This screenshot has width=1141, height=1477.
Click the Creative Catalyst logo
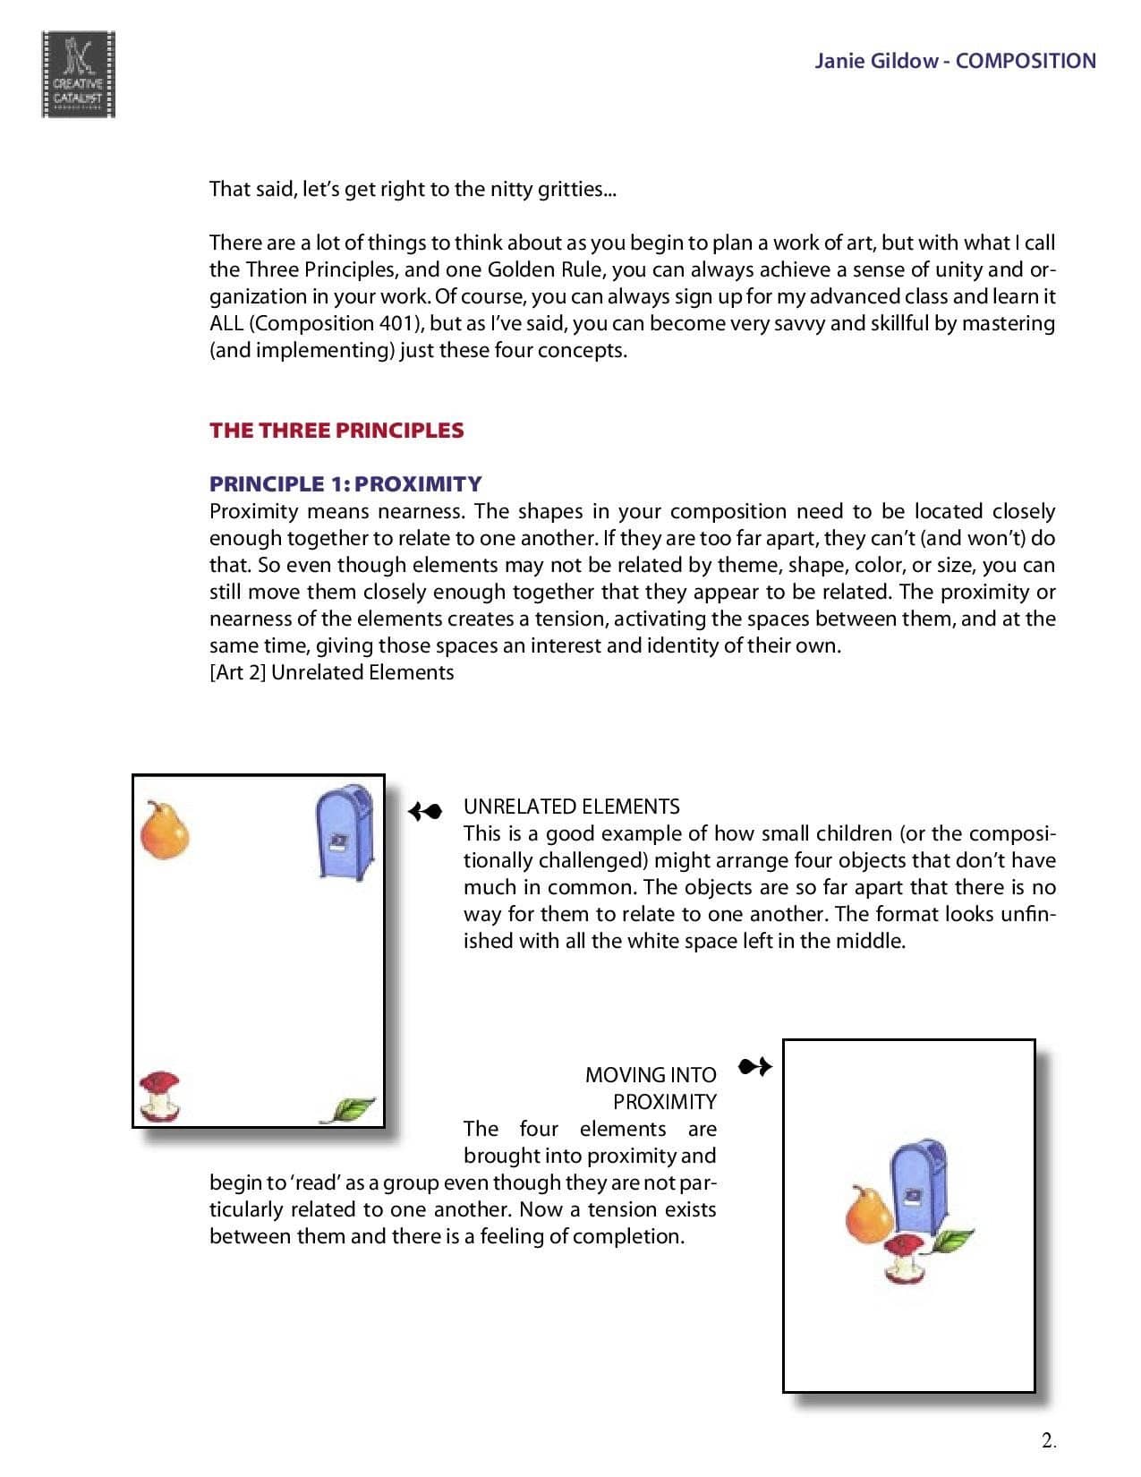tap(78, 73)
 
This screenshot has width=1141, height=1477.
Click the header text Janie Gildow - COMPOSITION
tap(954, 61)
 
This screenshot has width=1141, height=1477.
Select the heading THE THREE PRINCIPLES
tap(336, 430)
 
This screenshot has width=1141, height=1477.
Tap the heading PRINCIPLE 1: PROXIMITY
tap(345, 483)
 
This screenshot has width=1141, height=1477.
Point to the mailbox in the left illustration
tap(345, 832)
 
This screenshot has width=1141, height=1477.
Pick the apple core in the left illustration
tap(160, 1096)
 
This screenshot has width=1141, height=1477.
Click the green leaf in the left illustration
tap(349, 1109)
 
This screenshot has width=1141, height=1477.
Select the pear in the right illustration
tap(868, 1215)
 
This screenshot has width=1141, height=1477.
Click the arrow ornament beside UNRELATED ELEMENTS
tap(425, 811)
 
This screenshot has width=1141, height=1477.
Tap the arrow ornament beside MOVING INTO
tap(754, 1066)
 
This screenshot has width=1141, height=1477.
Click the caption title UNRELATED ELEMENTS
tap(571, 806)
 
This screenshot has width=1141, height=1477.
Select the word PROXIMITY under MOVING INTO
tap(664, 1101)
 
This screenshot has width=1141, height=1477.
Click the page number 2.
tap(1049, 1440)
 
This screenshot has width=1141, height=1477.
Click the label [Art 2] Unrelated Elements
tap(331, 672)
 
